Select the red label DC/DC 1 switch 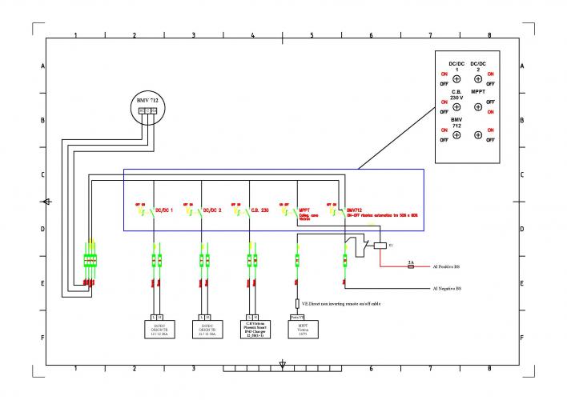point(164,210)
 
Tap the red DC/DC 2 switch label point(212,210)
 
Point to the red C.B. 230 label point(259,210)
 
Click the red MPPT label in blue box point(304,210)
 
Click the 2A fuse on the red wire point(410,266)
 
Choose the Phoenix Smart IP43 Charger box point(254,327)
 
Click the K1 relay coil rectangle point(380,246)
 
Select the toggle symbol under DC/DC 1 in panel point(456,79)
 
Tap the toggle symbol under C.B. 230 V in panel point(456,107)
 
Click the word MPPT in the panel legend point(478,92)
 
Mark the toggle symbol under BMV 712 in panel point(456,134)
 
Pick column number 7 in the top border point(430,35)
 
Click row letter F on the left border point(42,338)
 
